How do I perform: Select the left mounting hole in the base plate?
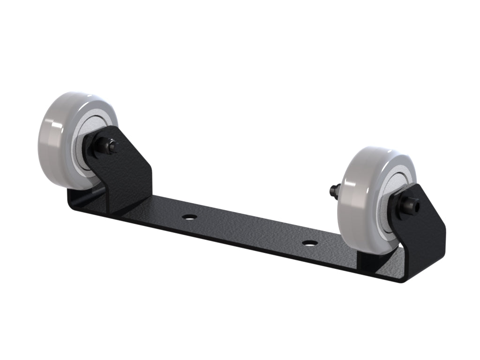pos(189,217)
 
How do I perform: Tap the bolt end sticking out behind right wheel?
pos(334,190)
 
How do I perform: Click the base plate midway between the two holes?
pos(248,230)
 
